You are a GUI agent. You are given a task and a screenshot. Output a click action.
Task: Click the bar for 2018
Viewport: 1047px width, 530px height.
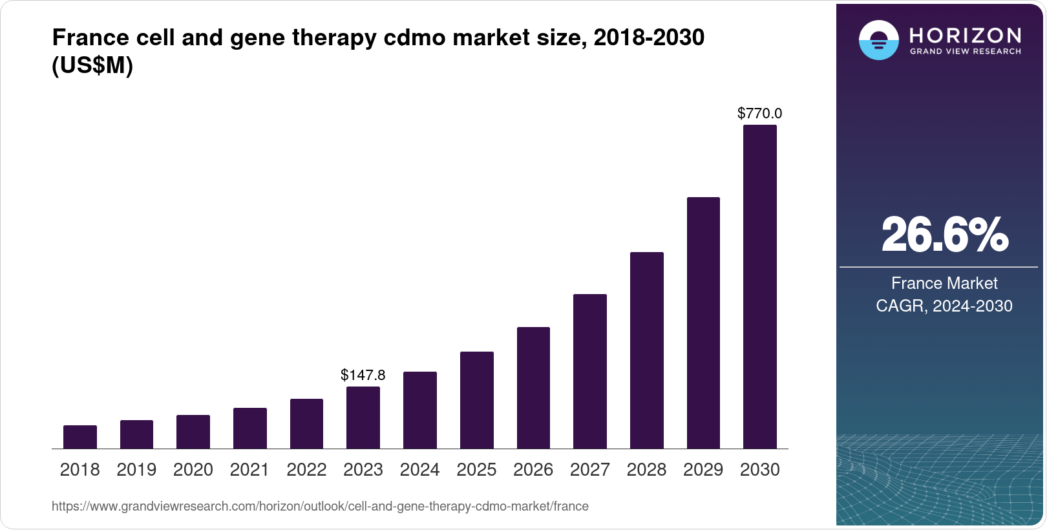[80, 437]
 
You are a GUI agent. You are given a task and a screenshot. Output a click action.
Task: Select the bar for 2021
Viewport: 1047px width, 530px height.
[249, 428]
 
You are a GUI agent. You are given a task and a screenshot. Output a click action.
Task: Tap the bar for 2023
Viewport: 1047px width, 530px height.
[363, 418]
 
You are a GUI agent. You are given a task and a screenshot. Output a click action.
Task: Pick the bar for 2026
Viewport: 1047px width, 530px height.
[533, 388]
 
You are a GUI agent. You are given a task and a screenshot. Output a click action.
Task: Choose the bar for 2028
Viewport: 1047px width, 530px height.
[646, 350]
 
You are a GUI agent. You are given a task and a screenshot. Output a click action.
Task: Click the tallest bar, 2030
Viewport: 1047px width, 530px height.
[760, 287]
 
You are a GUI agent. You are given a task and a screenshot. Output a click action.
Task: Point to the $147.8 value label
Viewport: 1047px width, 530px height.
[363, 375]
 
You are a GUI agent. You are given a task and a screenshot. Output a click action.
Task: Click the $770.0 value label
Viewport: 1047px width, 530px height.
[759, 114]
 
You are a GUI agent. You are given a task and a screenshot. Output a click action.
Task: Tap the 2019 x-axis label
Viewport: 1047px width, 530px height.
[136, 470]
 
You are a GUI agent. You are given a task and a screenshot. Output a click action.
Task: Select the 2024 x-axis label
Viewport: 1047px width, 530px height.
[419, 470]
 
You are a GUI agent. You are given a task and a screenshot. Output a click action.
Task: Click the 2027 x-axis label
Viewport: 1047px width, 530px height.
[589, 470]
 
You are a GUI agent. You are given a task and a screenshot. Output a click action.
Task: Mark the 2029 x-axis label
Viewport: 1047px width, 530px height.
[703, 470]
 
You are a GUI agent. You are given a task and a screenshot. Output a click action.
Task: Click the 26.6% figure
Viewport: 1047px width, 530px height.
[944, 235]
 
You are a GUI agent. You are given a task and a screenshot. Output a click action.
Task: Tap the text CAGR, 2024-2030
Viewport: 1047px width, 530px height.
[944, 306]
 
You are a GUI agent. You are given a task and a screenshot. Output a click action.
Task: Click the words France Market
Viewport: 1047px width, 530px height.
[944, 283]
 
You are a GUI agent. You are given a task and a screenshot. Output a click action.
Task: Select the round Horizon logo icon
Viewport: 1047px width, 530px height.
[878, 40]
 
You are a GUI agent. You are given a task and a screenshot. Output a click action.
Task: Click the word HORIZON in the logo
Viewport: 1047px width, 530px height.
[965, 35]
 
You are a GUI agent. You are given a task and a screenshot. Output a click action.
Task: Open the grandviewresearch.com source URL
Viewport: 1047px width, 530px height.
[320, 507]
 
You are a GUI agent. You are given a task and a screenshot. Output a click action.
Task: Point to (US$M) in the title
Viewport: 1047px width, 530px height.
[92, 66]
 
